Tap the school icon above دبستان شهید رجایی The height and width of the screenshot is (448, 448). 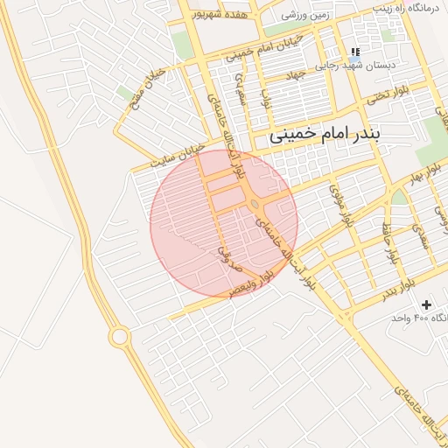pos(355,52)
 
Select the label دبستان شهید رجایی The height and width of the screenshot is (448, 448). pos(357,66)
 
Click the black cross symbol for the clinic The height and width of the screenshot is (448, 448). pos(426,304)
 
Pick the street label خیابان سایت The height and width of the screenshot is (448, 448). pos(178,154)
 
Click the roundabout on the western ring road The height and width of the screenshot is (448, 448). pos(119,336)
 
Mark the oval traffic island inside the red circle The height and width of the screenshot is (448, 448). pos(254,205)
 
